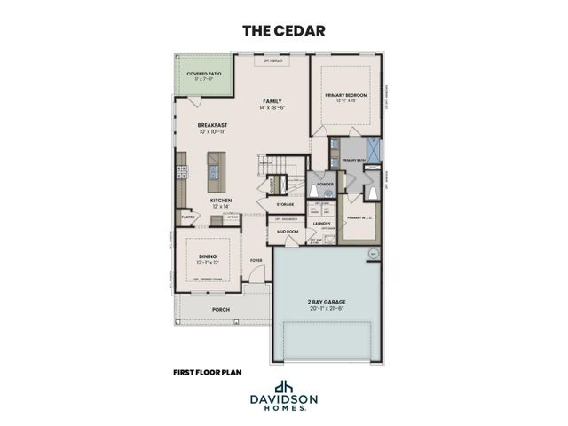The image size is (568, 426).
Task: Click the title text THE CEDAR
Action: [284, 30]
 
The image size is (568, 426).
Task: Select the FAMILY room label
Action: [271, 102]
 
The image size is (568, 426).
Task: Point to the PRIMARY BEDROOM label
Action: [345, 95]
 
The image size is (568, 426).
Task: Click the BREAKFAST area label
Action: [214, 126]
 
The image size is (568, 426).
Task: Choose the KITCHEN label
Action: [221, 200]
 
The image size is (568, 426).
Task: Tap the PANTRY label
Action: [188, 216]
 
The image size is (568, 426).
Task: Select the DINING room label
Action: [206, 256]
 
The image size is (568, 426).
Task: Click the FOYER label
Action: [256, 260]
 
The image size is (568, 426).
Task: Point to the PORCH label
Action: [220, 309]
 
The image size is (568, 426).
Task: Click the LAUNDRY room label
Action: [321, 223]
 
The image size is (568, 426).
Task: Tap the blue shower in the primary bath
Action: [375, 148]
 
